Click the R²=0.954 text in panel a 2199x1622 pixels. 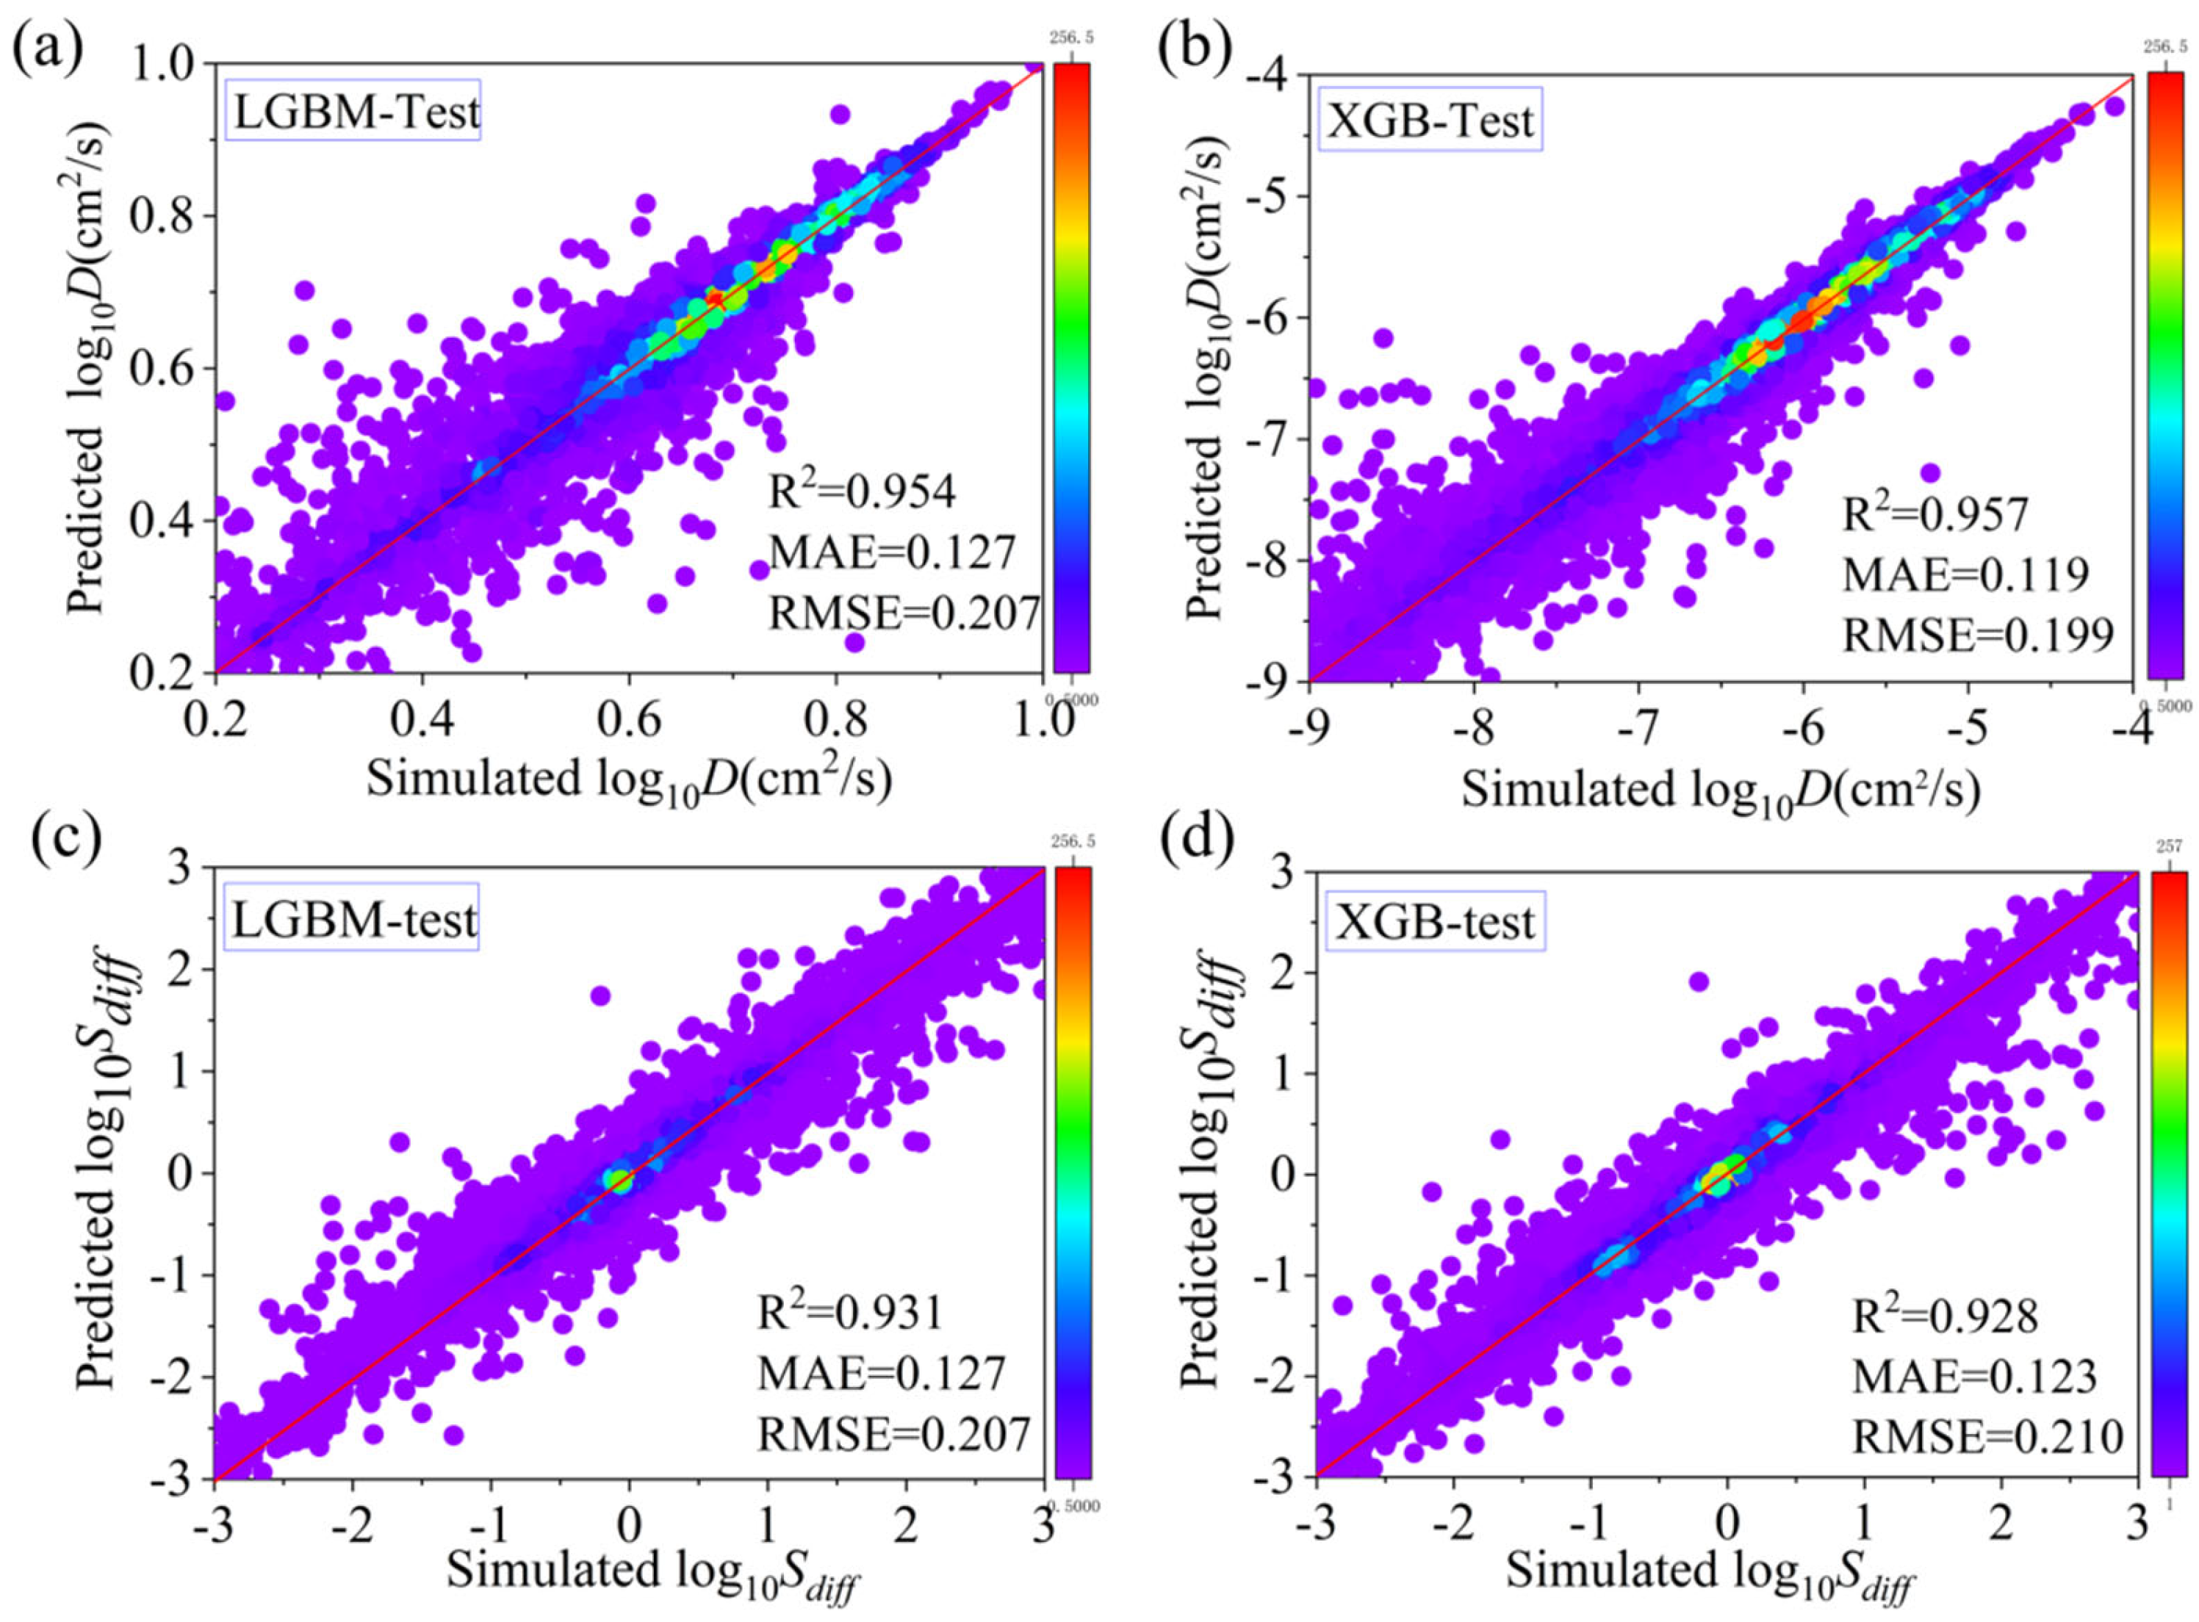pyautogui.click(x=861, y=491)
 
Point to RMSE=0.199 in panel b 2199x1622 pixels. pyautogui.click(x=1976, y=635)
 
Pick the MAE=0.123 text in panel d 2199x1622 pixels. pyautogui.click(x=1973, y=1376)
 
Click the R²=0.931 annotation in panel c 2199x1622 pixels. pyautogui.click(x=849, y=1313)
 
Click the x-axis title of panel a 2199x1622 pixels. pyautogui.click(x=628, y=781)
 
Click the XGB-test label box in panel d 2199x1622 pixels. pyautogui.click(x=1434, y=922)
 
